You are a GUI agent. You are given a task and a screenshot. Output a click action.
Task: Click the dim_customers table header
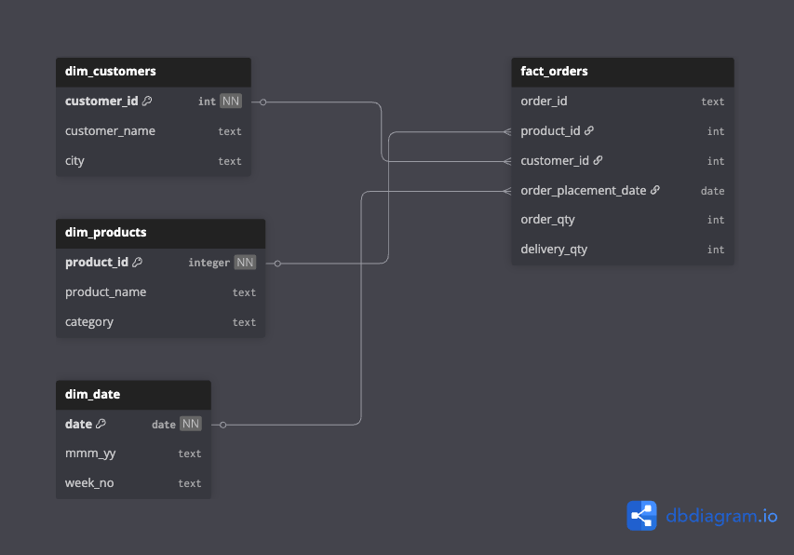110,71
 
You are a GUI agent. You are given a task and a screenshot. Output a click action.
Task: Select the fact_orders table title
554,71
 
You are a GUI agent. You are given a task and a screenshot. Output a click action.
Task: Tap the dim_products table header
105,232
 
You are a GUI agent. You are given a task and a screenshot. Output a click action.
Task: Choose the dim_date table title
92,394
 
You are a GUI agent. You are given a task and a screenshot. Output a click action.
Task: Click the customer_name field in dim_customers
110,131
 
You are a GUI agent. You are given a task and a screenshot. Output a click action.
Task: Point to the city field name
74,161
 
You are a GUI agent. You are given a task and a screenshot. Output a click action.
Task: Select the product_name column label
105,292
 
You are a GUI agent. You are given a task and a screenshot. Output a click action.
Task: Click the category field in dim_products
89,322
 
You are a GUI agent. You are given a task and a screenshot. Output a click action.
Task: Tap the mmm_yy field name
90,453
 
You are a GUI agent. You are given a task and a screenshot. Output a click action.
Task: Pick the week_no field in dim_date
89,483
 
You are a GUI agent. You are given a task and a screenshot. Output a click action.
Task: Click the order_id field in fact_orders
544,102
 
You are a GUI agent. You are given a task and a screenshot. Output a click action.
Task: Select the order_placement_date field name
583,191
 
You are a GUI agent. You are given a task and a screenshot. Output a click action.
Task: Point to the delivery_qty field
554,250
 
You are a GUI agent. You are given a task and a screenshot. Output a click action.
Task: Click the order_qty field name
547,220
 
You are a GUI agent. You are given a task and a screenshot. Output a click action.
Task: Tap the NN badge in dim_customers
230,102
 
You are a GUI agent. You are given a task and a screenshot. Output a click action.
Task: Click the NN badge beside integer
244,263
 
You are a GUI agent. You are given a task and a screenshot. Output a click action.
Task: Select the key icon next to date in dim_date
101,424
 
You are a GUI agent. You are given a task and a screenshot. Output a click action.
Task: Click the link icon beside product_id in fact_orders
589,131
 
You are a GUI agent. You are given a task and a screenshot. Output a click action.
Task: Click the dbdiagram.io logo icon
641,515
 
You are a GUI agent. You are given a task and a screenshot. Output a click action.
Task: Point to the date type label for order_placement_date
712,191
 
